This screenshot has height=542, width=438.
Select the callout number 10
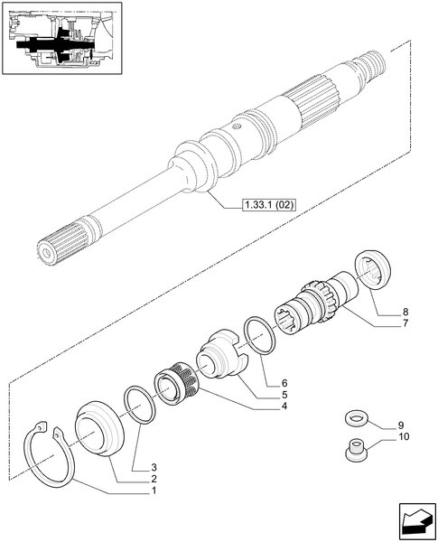403,436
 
